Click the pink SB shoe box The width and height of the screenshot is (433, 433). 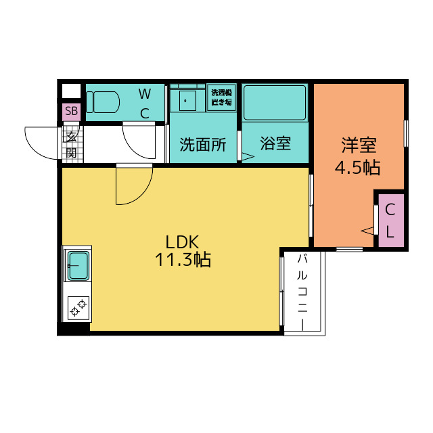click(x=71, y=111)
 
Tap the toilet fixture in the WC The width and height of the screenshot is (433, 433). click(x=103, y=102)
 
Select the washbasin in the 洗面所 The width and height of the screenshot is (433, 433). click(x=187, y=101)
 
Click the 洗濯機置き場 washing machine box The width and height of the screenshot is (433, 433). click(x=221, y=97)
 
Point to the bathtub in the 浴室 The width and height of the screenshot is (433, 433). click(x=275, y=103)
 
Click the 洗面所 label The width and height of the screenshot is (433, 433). click(x=203, y=144)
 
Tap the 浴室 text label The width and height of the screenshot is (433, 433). click(x=275, y=143)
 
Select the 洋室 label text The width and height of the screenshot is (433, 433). click(x=359, y=145)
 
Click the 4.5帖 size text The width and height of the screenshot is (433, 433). click(x=358, y=167)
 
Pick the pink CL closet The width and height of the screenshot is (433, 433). click(x=391, y=221)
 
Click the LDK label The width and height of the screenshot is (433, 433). click(x=182, y=242)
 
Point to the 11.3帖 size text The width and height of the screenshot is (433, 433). click(x=183, y=260)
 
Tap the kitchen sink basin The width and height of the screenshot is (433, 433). click(x=78, y=265)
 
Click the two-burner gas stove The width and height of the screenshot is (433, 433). click(x=78, y=308)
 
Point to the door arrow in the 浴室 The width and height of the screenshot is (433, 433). click(x=248, y=156)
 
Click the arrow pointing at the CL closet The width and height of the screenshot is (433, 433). click(x=367, y=231)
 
